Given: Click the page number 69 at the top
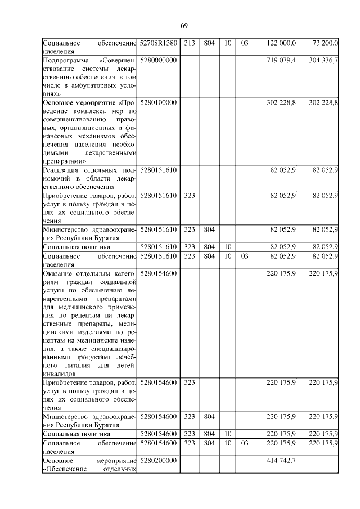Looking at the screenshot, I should tap(184, 25).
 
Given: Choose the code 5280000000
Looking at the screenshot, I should tap(159, 60).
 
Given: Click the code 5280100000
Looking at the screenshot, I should tap(159, 103).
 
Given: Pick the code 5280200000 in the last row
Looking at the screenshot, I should tap(159, 460).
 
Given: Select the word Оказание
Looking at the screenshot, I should tap(58, 273).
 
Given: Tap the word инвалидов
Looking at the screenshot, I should tap(59, 373).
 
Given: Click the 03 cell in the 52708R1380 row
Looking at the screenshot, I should tap(245, 43).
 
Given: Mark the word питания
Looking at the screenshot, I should tap(86, 364).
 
